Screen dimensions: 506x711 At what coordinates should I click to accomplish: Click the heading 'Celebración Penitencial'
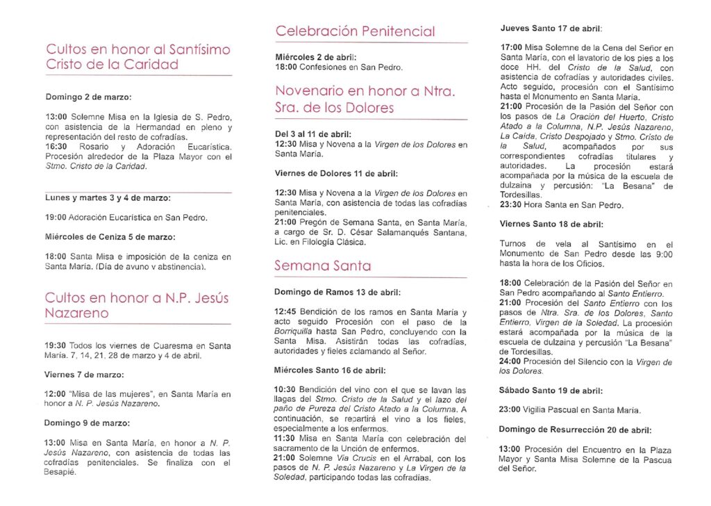(x=355, y=31)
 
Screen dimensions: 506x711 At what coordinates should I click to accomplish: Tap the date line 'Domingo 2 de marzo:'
(x=88, y=97)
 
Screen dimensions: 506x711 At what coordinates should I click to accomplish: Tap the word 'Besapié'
(x=61, y=472)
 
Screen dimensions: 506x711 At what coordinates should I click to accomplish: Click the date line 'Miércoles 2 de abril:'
(x=315, y=57)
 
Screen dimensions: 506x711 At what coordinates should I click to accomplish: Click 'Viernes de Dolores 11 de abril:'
(x=336, y=173)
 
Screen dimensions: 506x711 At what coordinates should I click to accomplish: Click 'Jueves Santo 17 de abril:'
(x=551, y=28)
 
